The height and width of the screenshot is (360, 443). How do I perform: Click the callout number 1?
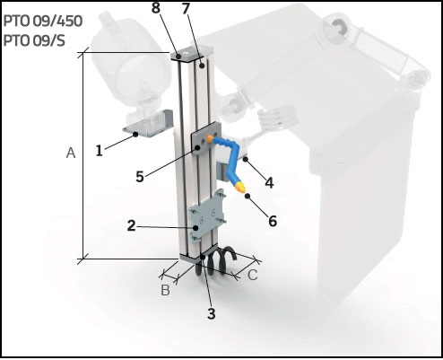pos(99,150)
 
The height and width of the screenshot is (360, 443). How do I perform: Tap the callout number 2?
pos(131,225)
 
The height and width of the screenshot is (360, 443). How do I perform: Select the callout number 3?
pos(211,313)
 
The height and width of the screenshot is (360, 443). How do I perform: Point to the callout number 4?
pos(269,182)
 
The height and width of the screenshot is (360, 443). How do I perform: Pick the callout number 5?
pos(140,176)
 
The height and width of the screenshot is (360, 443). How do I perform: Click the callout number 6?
pos(273,221)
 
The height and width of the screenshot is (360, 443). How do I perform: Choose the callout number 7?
pos(186,9)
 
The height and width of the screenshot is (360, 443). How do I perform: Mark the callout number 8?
pos(156,8)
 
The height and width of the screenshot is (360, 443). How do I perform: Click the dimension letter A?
pos(71,153)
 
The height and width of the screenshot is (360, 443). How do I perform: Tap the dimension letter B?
pos(165,290)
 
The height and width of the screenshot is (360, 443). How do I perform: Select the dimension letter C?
pos(253,275)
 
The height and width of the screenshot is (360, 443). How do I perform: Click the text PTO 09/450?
pos(43,22)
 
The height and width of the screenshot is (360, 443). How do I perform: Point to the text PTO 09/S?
pos(34,40)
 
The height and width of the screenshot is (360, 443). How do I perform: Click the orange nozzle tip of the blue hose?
pos(240,188)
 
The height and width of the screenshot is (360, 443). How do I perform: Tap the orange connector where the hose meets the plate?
pos(210,138)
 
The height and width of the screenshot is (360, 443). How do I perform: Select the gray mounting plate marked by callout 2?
pos(207,217)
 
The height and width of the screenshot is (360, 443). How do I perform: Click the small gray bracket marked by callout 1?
pos(148,123)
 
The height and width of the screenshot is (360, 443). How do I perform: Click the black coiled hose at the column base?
pos(216,261)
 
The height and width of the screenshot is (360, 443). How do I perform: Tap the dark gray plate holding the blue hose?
pos(206,138)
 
